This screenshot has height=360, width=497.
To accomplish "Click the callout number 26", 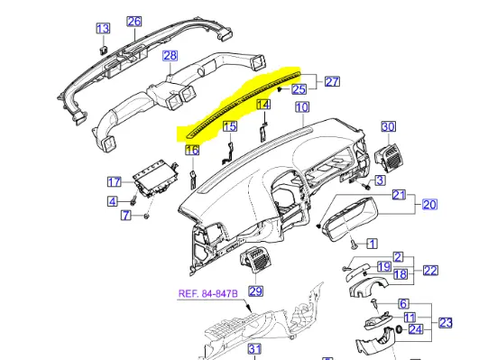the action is (134, 22).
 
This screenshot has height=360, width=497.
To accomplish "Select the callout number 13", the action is (103, 29).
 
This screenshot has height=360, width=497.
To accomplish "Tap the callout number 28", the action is (170, 56).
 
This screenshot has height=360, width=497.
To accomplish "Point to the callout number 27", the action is (332, 81).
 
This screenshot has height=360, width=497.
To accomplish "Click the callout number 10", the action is (302, 107).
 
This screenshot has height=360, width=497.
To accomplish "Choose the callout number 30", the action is (388, 127).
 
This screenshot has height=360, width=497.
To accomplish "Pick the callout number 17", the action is (115, 181).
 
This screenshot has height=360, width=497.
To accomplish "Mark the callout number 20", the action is (429, 204).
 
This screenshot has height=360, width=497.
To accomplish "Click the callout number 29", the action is (256, 291).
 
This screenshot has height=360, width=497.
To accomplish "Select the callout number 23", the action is (446, 323).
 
